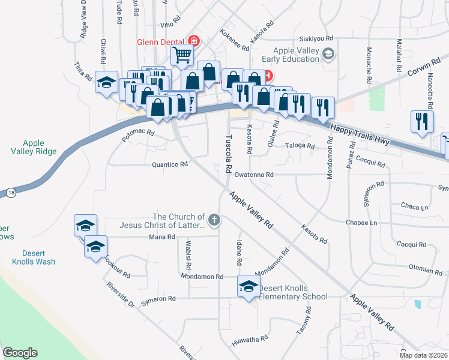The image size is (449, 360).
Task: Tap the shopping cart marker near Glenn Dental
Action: click(x=182, y=55)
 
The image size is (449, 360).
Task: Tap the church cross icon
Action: click(x=214, y=220)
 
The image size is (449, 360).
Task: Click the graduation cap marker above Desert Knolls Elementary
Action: click(x=248, y=286)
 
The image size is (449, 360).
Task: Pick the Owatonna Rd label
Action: click(x=254, y=175)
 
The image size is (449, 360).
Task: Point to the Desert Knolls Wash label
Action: click(x=34, y=257)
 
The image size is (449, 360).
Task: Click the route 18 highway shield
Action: click(x=11, y=192)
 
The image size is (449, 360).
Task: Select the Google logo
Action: click(x=20, y=353)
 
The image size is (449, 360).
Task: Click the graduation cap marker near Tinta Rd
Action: click(x=106, y=83)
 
